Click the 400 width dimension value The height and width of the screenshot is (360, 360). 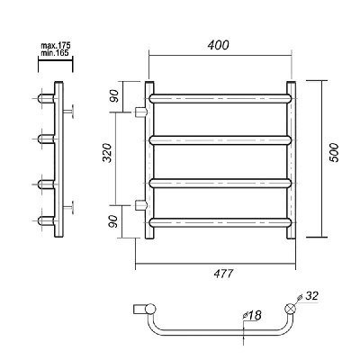point(218,45)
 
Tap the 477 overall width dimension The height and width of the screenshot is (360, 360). point(223,274)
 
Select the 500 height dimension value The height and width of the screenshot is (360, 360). point(334,153)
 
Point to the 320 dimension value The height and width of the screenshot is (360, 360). point(107,153)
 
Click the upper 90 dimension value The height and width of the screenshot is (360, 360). point(113,95)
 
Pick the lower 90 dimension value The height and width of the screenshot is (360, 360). point(113,221)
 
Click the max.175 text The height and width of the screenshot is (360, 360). point(56,46)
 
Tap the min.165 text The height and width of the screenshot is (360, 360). point(55,53)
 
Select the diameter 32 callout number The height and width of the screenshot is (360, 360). point(311,296)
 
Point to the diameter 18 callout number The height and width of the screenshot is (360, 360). point(255,315)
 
